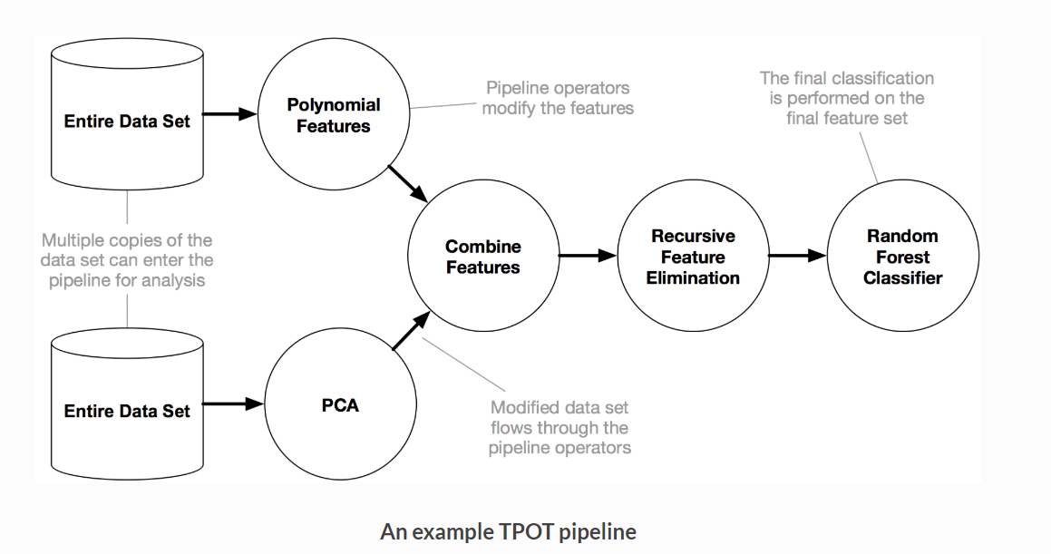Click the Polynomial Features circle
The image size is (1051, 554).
334,116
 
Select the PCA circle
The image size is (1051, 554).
340,405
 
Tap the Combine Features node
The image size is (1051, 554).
482,257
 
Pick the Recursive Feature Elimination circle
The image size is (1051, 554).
693,257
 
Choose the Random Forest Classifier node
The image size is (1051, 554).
902,257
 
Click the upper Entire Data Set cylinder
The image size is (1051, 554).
127,121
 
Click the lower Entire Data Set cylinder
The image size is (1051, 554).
127,410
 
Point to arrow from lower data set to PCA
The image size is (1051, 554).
232,404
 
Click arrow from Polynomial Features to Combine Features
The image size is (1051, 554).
407,184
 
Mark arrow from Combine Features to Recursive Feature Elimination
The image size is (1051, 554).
587,257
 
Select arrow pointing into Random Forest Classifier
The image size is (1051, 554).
797,257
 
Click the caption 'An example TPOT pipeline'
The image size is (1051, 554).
508,531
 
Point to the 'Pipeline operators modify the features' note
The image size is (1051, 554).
558,98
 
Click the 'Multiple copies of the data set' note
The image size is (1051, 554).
127,260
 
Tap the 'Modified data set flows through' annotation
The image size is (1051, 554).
560,427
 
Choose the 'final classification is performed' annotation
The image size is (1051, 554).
846,98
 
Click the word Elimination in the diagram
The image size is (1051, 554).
693,278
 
